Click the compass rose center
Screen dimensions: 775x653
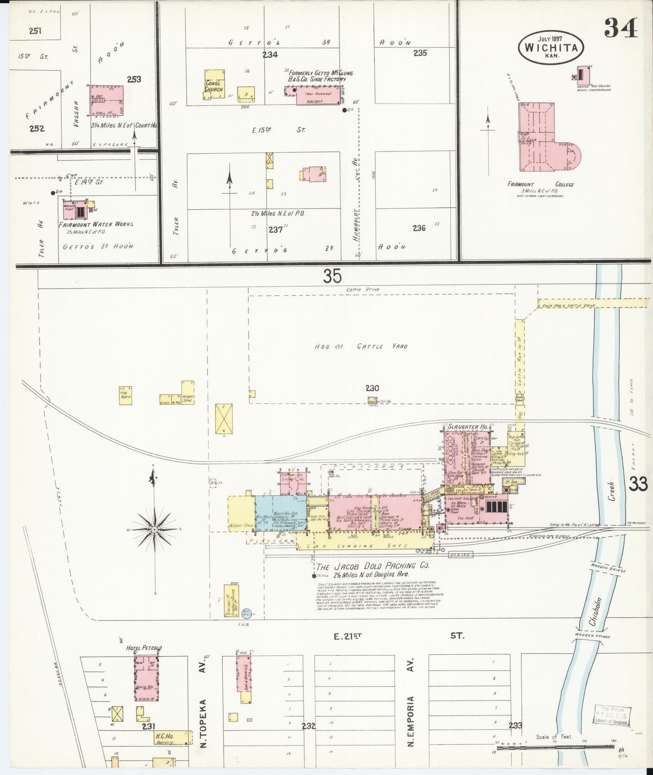154,529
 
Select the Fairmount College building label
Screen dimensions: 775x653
540,184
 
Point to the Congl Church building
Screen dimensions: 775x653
214,84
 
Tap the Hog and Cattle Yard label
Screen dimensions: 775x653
362,346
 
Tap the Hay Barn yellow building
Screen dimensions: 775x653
126,396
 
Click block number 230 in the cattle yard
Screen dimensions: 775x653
372,388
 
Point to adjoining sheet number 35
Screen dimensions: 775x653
332,276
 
